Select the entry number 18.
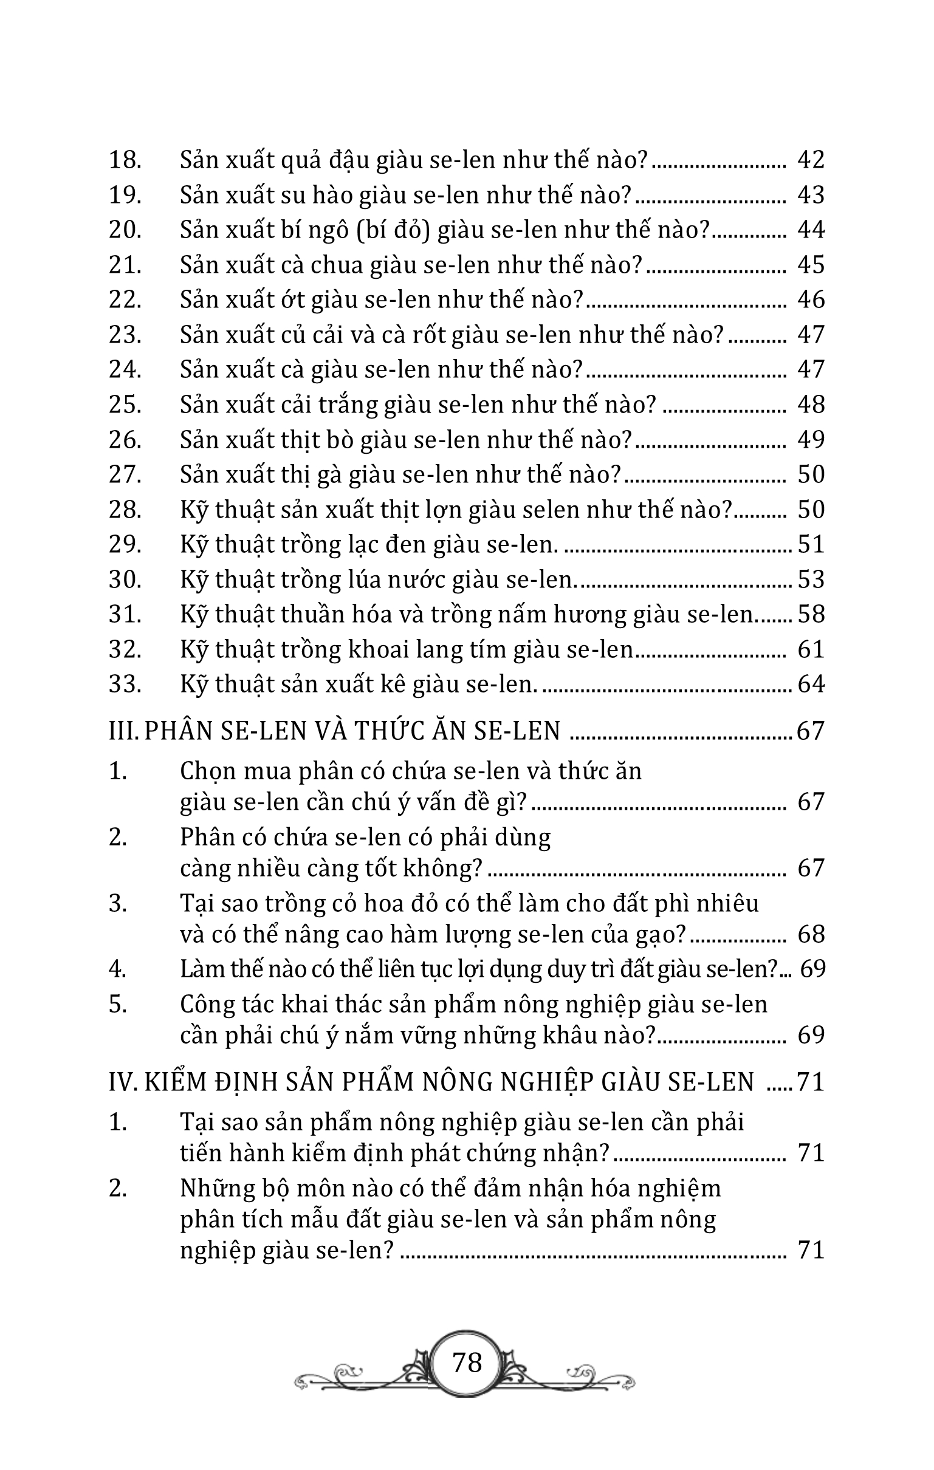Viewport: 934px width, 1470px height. [x=125, y=160]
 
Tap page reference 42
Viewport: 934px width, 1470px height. [x=811, y=160]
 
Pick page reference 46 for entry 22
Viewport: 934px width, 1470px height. [x=811, y=299]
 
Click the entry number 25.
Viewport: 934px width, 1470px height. [x=125, y=405]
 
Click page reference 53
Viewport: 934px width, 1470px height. [x=811, y=579]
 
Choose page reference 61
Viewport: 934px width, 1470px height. [x=811, y=649]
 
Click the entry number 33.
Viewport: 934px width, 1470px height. [x=125, y=685]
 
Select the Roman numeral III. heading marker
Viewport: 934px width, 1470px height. [x=124, y=731]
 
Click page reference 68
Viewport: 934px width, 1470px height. [x=811, y=935]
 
